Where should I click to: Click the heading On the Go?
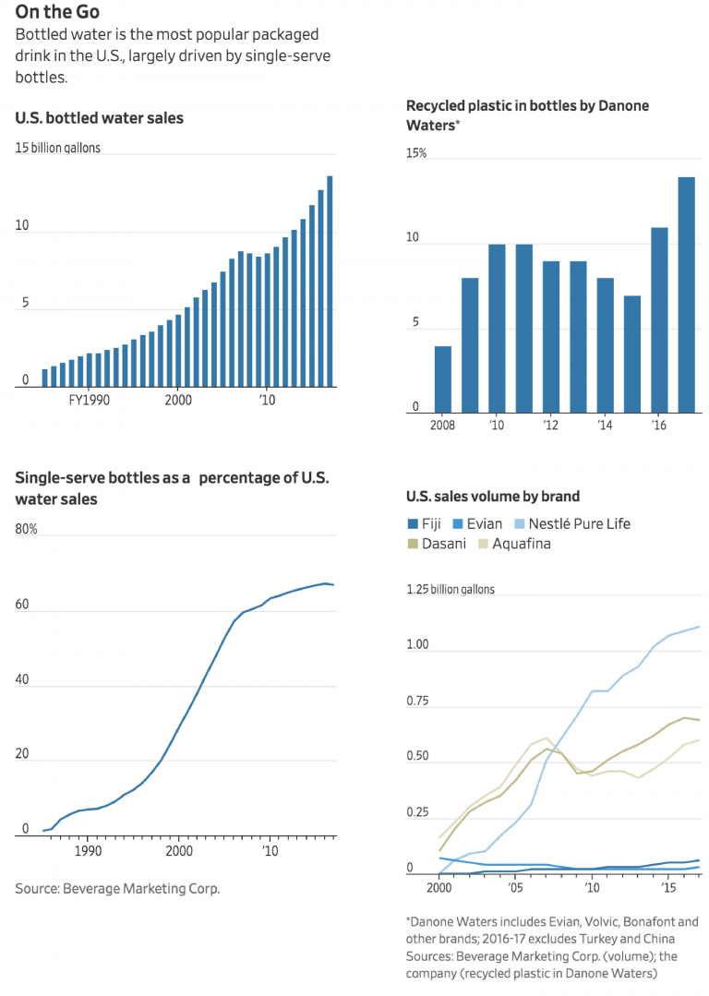pos(57,13)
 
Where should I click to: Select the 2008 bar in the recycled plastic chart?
pos(443,379)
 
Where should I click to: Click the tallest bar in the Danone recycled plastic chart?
pos(687,294)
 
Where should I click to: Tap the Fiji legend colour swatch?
pos(413,524)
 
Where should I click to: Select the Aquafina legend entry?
pos(514,544)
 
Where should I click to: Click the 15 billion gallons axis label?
pos(58,148)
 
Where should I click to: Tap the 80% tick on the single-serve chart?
pos(26,530)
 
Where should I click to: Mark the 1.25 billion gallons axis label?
pos(451,590)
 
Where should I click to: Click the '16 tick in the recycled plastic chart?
pos(659,426)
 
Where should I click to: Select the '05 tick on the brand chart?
pos(515,887)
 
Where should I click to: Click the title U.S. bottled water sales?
pos(99,118)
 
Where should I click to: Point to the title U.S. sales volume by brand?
pos(493,497)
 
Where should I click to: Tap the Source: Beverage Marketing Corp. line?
pos(117,889)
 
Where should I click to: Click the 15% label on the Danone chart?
pos(416,153)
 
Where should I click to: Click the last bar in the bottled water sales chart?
pos(330,281)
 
